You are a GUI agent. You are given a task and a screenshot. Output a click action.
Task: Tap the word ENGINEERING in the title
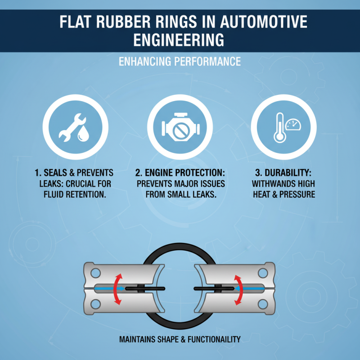click(180, 40)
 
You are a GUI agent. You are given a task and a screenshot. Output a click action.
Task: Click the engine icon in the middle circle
click(180, 128)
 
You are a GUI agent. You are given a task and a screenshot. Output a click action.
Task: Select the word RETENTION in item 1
click(89, 195)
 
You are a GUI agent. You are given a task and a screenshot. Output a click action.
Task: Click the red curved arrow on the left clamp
click(118, 288)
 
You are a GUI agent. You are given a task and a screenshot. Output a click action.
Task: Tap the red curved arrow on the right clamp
click(239, 288)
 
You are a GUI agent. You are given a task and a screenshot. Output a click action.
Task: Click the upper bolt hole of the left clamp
click(95, 272)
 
